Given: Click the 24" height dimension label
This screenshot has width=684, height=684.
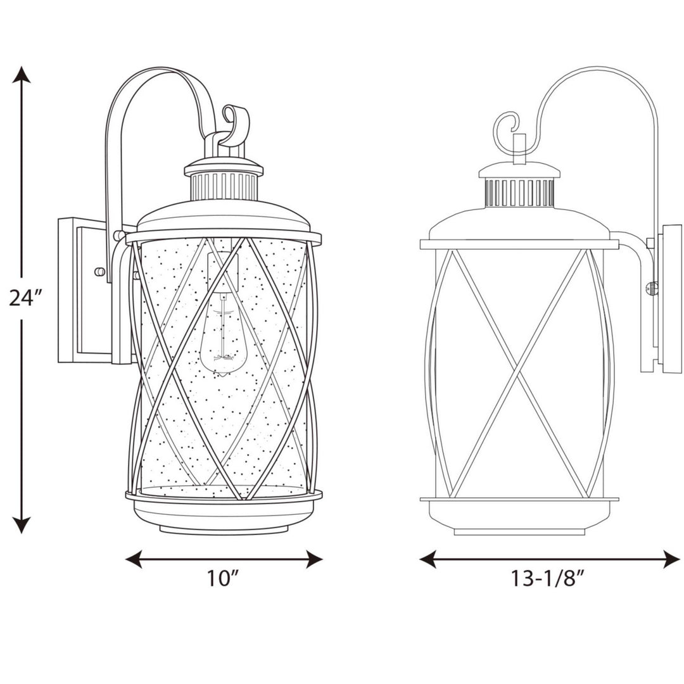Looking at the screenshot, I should tap(25, 296).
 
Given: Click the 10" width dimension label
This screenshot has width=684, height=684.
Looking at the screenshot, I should tap(224, 578).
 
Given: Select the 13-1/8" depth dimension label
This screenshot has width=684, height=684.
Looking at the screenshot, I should tap(547, 578).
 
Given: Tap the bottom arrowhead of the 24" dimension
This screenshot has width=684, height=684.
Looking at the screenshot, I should tap(22, 524).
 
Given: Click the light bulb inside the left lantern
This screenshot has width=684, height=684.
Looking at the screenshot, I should tap(221, 339).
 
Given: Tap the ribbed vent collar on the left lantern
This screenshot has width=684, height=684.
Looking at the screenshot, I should tap(224, 186).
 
